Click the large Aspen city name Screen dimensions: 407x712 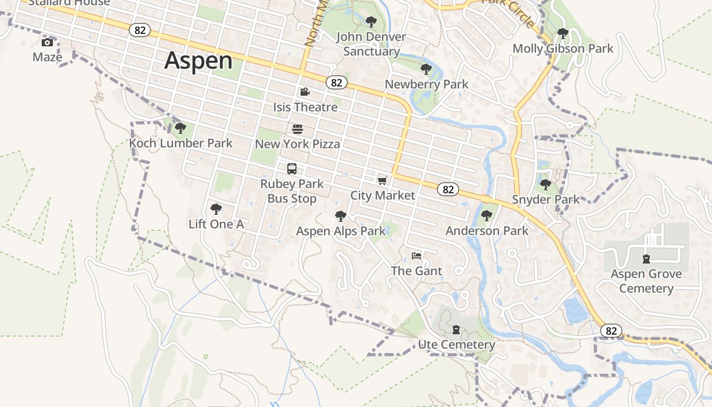click(198, 61)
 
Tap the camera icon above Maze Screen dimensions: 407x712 click(47, 42)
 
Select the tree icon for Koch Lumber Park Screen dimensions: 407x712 click(180, 128)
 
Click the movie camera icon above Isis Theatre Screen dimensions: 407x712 click(305, 92)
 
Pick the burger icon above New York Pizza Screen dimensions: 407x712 click(298, 129)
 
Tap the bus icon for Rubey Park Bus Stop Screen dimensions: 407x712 click(292, 169)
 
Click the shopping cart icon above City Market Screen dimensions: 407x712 click(382, 181)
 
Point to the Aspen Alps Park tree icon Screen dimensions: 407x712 click(341, 216)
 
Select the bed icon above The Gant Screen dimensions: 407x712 click(417, 255)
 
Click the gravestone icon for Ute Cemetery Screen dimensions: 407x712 click(456, 330)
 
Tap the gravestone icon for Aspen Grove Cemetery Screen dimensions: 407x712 click(646, 259)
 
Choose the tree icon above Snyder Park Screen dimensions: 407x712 click(546, 184)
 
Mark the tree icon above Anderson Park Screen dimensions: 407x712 click(487, 216)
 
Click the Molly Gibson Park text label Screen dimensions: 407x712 click(563, 49)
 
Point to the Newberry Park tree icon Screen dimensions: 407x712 click(426, 69)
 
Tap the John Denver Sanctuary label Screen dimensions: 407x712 click(371, 44)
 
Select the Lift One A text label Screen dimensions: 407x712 click(216, 224)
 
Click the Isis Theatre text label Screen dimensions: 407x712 click(305, 107)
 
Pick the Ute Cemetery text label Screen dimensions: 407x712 click(456, 345)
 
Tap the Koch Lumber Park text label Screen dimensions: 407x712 click(181, 143)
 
